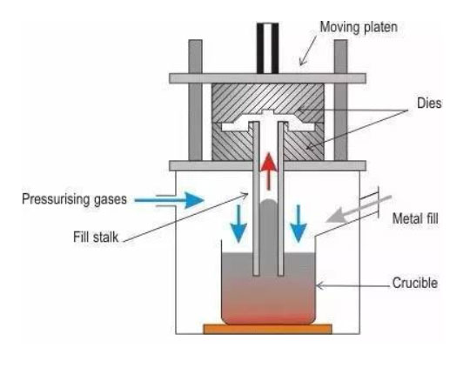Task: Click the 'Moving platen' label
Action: tap(359, 27)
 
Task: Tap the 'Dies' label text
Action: tap(429, 103)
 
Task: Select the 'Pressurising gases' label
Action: tap(74, 199)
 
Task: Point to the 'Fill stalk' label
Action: tap(96, 237)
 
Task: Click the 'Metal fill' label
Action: tap(415, 218)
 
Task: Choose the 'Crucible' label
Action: tap(415, 283)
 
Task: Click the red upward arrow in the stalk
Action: tap(269, 171)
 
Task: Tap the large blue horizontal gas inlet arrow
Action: tap(170, 200)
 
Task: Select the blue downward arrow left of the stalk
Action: tap(238, 224)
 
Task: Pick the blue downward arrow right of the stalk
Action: tap(299, 224)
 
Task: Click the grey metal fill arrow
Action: tap(359, 210)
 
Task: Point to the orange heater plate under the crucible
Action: tap(268, 329)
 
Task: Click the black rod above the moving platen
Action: tap(268, 48)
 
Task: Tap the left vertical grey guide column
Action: tap(196, 100)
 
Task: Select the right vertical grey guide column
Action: tap(341, 100)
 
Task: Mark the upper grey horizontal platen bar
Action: tap(267, 78)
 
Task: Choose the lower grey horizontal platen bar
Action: tap(267, 165)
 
